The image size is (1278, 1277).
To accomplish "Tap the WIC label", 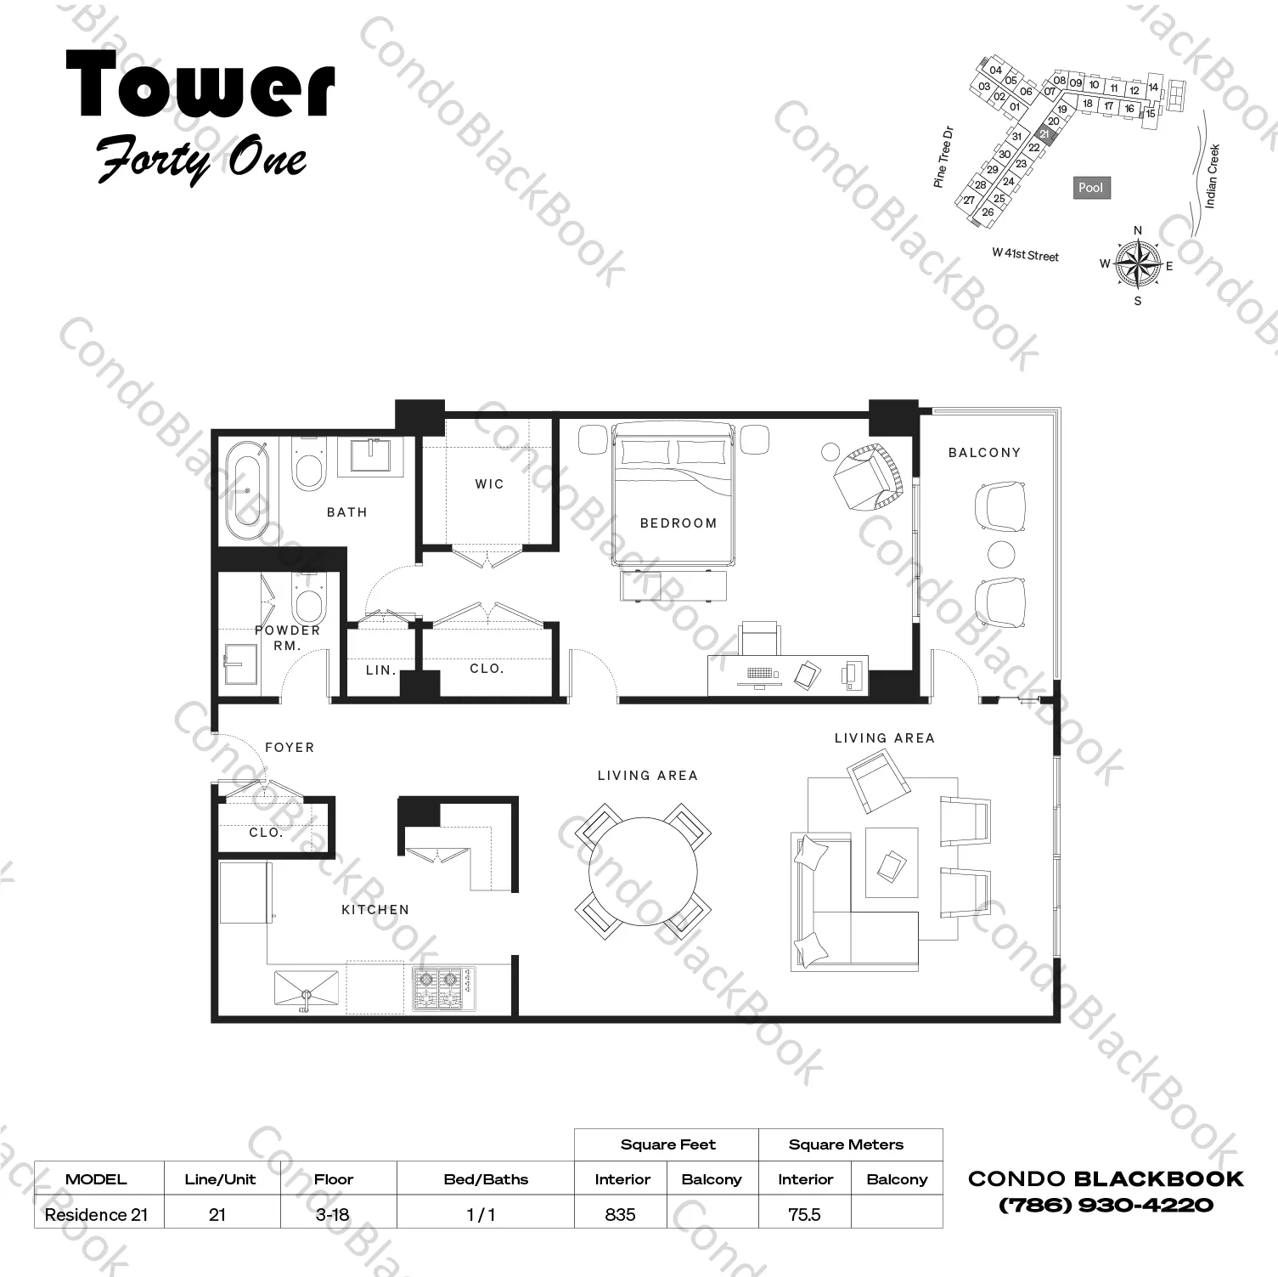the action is pyautogui.click(x=489, y=483).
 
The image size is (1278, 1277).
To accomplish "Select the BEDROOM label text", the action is pyautogui.click(x=678, y=523).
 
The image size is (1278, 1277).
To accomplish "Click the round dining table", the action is pyautogui.click(x=643, y=870).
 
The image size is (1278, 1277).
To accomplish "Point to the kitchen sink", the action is pyautogui.click(x=307, y=991).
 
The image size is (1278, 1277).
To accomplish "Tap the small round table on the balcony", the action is pyautogui.click(x=1001, y=554).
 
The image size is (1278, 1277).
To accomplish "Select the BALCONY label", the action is pyautogui.click(x=984, y=452).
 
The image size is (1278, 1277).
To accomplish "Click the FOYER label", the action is pyautogui.click(x=290, y=747).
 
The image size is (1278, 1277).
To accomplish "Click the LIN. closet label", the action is pyautogui.click(x=381, y=670).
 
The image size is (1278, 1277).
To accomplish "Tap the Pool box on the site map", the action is pyautogui.click(x=1090, y=188).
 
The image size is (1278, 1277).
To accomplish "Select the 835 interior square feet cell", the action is pyautogui.click(x=621, y=1214).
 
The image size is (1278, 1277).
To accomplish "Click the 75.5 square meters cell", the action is pyautogui.click(x=804, y=1214).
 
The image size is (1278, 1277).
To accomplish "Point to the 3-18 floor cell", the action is pyautogui.click(x=332, y=1214).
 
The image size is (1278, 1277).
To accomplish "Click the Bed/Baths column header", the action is pyautogui.click(x=486, y=1179).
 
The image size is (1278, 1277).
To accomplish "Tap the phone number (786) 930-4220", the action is pyautogui.click(x=1106, y=1205).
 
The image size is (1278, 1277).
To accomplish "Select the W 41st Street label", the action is pyautogui.click(x=1026, y=255).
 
